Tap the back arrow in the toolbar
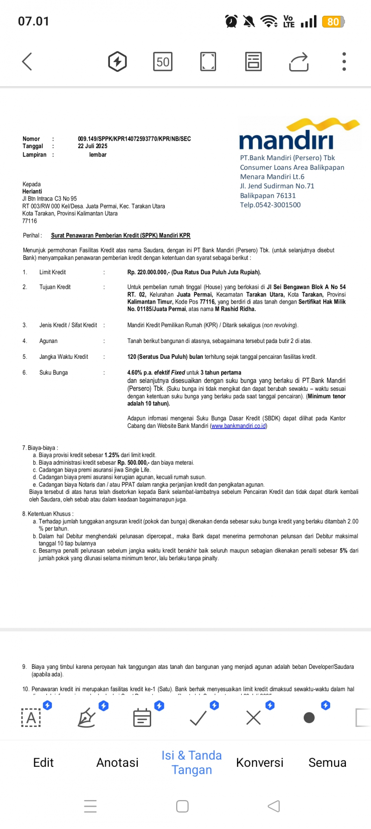tap(27, 61)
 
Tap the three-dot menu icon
tap(344, 61)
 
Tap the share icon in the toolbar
tap(299, 62)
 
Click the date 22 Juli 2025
tap(92, 146)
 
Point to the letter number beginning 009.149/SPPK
tap(134, 139)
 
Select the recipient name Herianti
tap(32, 191)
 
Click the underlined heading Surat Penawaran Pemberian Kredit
tap(121, 235)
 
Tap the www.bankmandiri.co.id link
tap(238, 426)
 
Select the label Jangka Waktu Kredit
tap(64, 357)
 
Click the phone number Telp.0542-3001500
tap(270, 205)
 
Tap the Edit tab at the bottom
tap(43, 763)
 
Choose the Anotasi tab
tap(117, 763)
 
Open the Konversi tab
tap(260, 763)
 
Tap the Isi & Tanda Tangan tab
tap(192, 763)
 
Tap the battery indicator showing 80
tap(333, 22)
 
